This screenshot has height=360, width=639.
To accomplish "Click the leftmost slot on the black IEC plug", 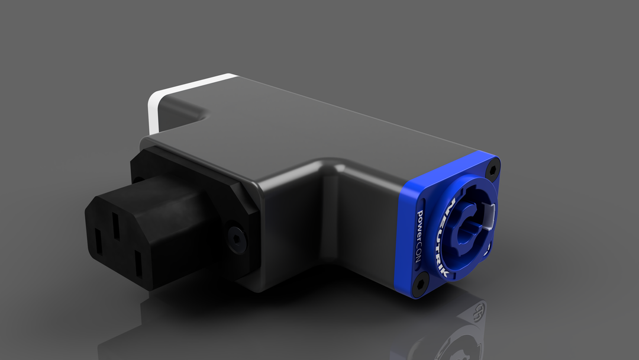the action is (x=98, y=242).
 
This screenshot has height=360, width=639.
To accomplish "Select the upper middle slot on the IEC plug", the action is (x=117, y=226).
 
